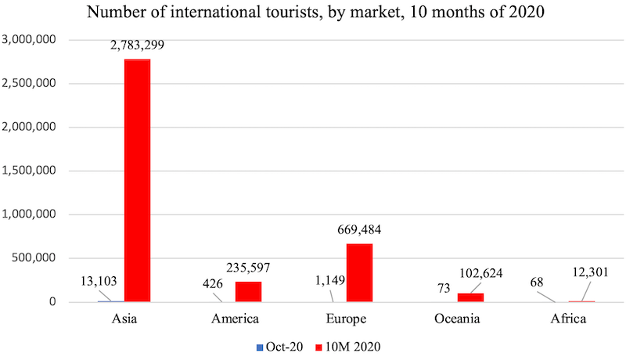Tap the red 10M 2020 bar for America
(x=248, y=291)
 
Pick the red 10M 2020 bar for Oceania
(x=470, y=297)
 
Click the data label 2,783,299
(x=138, y=46)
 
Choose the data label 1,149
(x=329, y=281)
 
